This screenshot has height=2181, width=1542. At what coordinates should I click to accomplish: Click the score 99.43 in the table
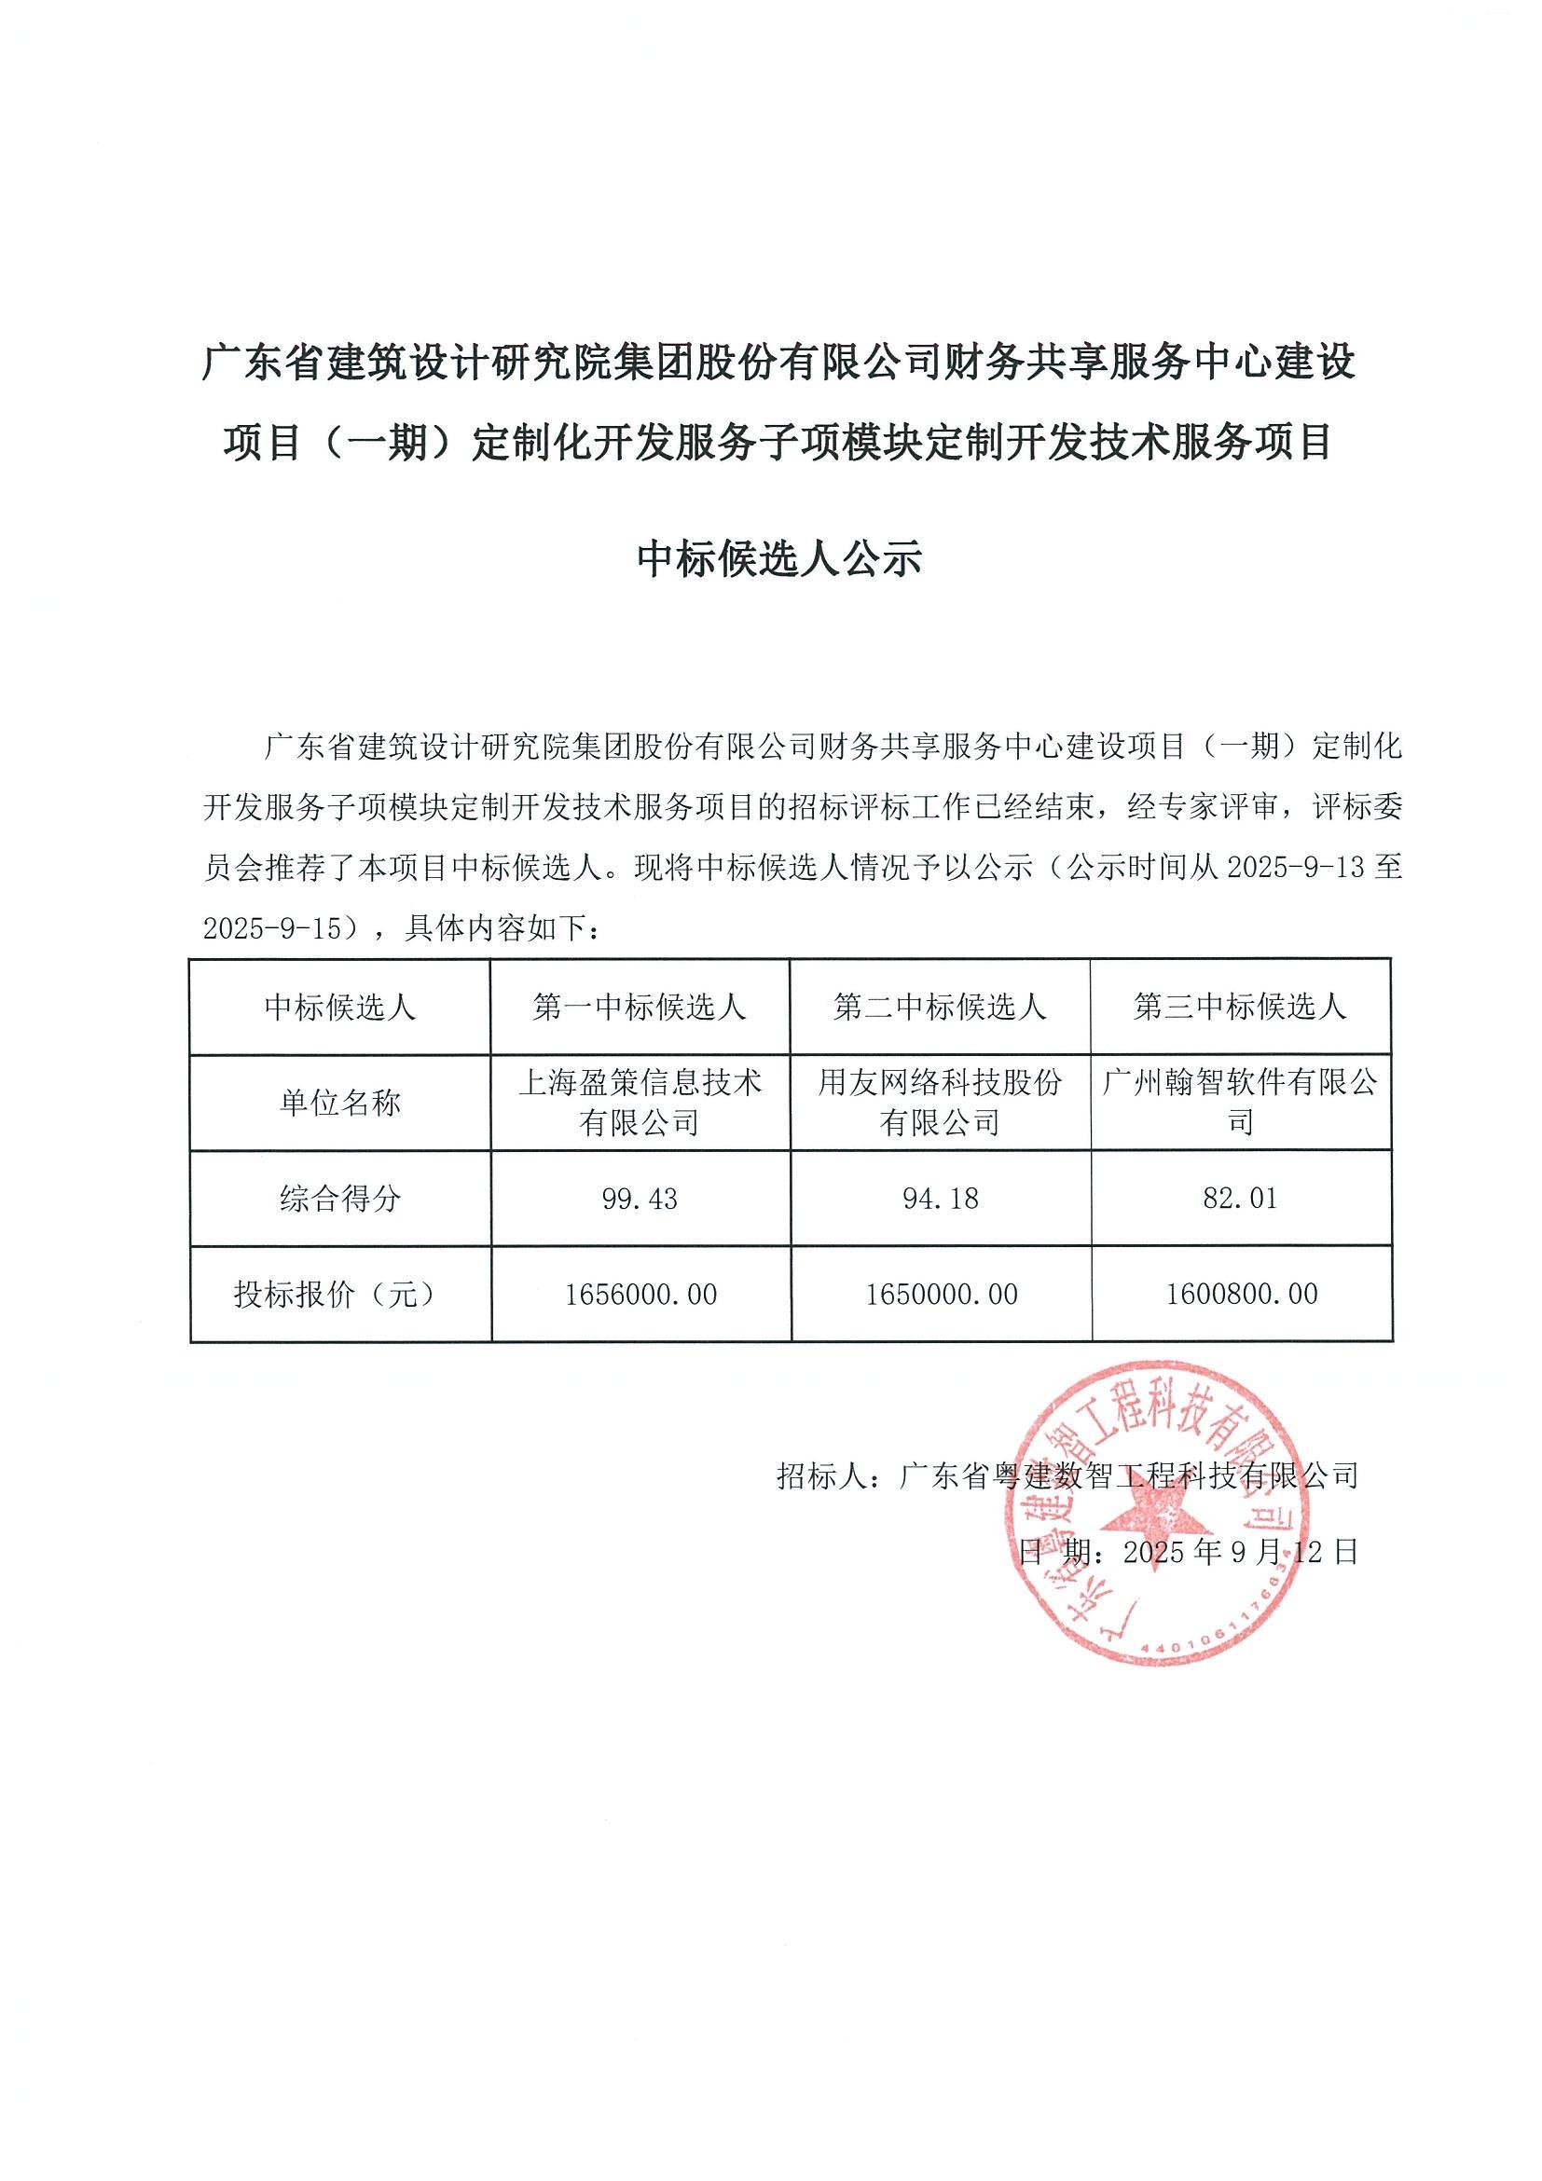click(x=640, y=1199)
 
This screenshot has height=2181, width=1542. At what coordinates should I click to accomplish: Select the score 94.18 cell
click(x=940, y=1199)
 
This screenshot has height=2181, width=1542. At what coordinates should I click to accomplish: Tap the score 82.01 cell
click(x=1240, y=1199)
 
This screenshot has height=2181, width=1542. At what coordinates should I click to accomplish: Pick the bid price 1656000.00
click(x=640, y=1294)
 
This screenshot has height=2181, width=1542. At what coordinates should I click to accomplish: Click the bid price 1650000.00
click(x=941, y=1294)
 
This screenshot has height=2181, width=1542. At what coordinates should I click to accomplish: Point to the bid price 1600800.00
click(x=1241, y=1294)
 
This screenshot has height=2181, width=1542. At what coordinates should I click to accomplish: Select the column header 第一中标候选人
click(x=640, y=1007)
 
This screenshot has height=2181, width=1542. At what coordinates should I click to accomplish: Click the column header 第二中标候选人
click(x=940, y=1007)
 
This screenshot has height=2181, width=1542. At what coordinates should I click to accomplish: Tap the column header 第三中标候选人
click(x=1240, y=1007)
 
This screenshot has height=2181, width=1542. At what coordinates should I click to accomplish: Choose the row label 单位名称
click(x=339, y=1103)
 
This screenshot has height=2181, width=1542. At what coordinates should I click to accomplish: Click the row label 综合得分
click(x=339, y=1199)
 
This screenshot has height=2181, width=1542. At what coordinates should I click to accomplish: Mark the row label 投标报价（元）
click(x=339, y=1294)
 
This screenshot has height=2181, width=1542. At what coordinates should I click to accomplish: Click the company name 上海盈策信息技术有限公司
click(x=640, y=1103)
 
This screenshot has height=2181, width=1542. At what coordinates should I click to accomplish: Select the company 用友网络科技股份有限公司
click(x=940, y=1103)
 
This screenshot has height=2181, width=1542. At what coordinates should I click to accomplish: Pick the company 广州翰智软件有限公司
click(x=1240, y=1103)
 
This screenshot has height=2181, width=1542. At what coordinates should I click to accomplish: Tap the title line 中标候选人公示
click(x=779, y=558)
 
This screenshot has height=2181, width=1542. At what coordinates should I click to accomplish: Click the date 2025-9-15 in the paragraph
click(x=271, y=928)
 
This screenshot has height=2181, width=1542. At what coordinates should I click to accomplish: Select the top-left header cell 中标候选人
click(x=339, y=1007)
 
